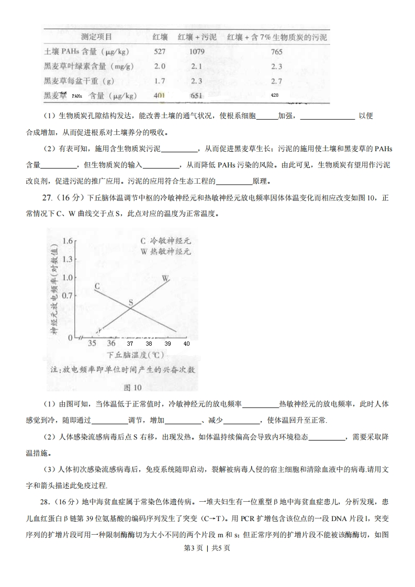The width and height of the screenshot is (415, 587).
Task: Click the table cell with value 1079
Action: (x=196, y=52)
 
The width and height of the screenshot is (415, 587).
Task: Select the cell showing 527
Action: (x=160, y=52)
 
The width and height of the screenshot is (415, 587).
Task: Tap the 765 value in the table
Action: (x=277, y=52)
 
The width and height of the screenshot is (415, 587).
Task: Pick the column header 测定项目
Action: (x=96, y=37)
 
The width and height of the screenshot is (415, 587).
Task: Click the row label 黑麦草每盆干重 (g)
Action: (x=79, y=81)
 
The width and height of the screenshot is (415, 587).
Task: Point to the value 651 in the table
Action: (x=196, y=96)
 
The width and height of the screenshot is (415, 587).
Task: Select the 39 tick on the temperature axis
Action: (x=167, y=344)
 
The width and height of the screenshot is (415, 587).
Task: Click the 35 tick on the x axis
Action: (x=92, y=344)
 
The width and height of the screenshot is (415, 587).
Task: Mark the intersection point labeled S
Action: (x=131, y=302)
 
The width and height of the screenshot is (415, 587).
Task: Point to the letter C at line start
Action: (x=97, y=286)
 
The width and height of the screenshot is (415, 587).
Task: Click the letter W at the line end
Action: (x=165, y=278)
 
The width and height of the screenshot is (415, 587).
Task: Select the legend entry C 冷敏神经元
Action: (x=165, y=241)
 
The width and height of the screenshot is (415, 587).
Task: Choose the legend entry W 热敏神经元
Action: (x=165, y=251)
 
